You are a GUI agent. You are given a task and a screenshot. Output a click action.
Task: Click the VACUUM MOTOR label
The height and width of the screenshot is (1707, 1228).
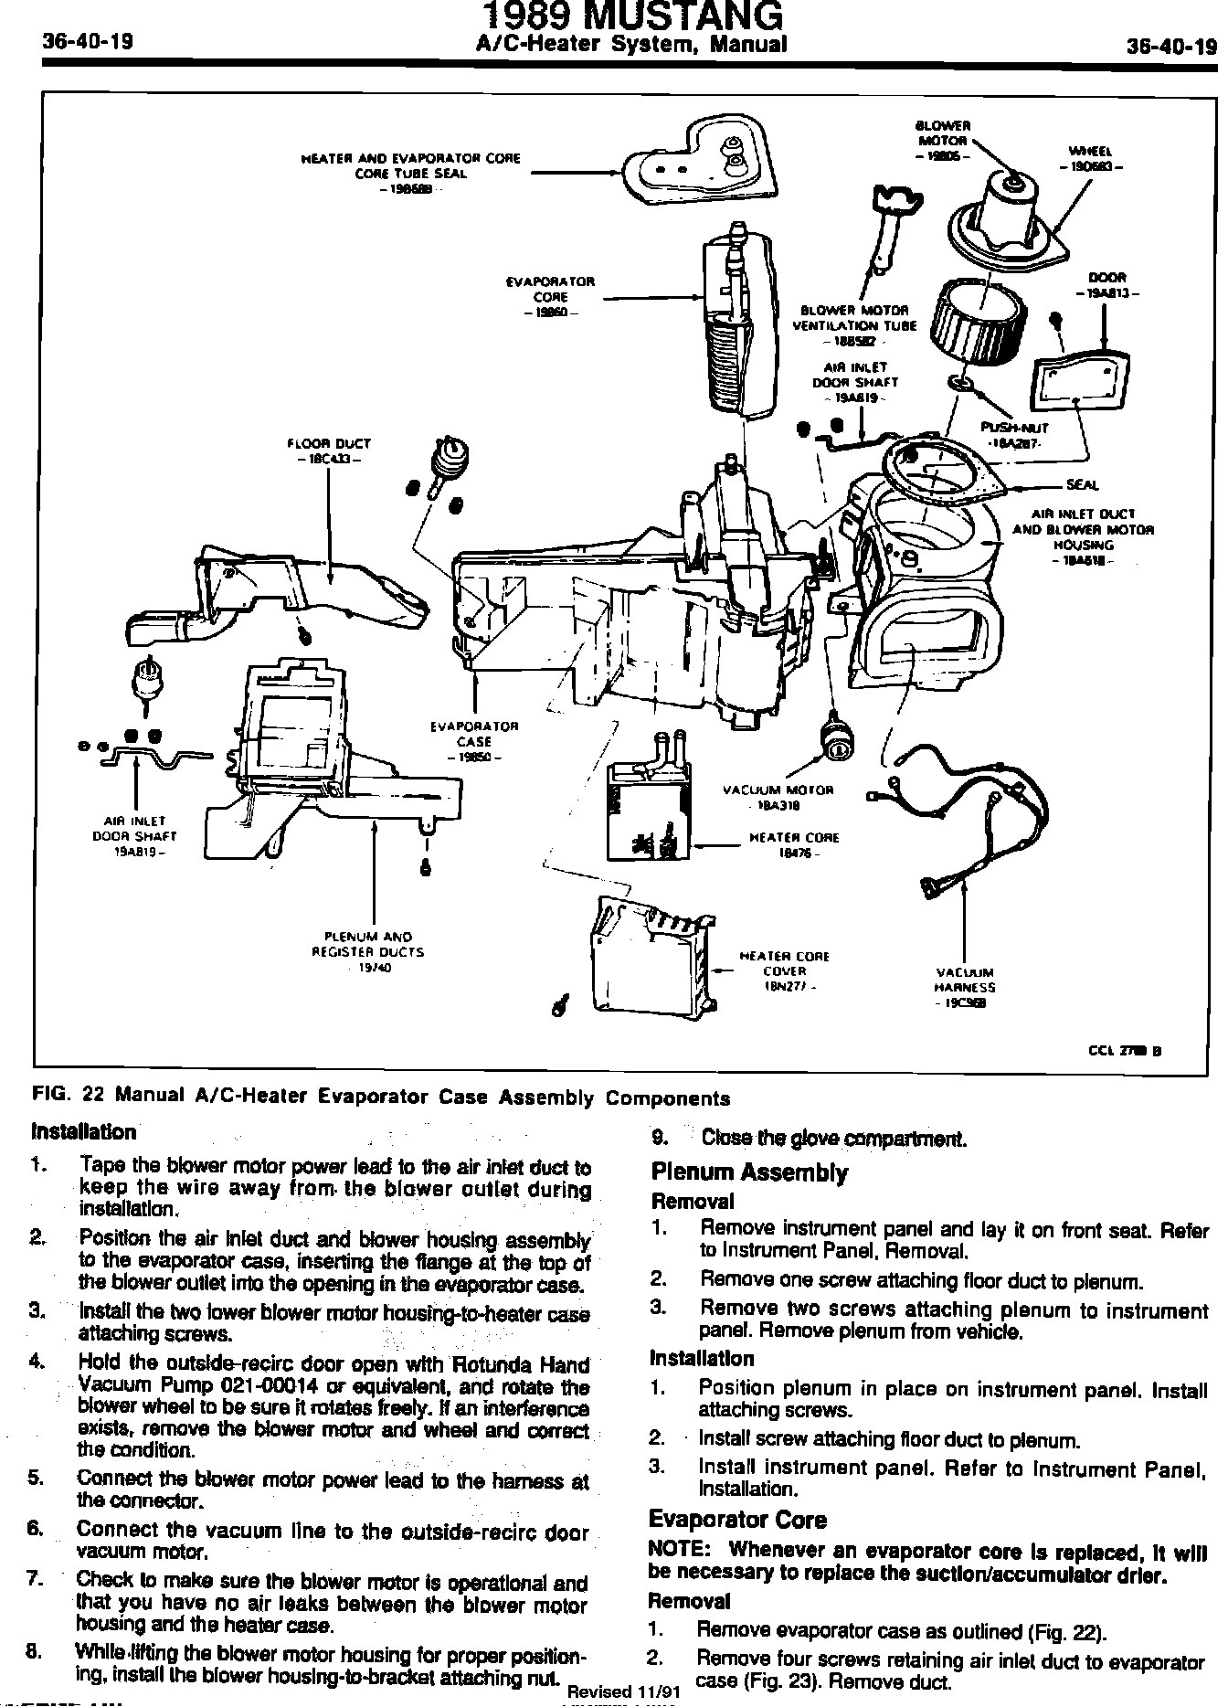coord(778,790)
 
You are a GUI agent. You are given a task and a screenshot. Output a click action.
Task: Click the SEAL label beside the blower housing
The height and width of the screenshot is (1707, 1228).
coord(1083,484)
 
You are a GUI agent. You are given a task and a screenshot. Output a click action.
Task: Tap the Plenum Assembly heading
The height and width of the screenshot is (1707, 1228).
coord(749,1172)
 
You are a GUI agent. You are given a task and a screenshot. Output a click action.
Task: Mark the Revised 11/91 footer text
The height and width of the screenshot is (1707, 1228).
coord(624,1691)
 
